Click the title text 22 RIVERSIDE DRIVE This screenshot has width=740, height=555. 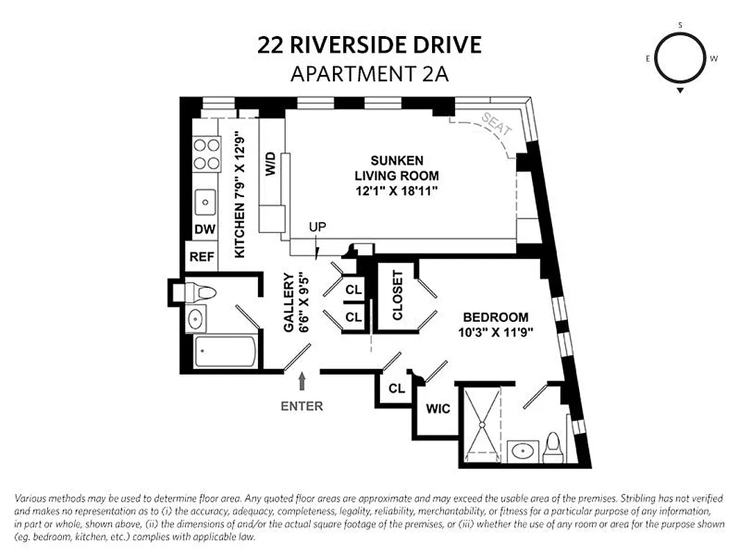coord(369,46)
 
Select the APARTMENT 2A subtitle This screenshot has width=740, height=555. coord(369,74)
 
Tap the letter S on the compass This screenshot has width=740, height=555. coord(680,26)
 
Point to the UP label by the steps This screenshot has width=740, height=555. coord(318,228)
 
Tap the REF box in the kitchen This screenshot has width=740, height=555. coord(202,257)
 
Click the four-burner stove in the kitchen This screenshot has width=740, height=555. coord(205,154)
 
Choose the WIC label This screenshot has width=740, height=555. coord(438,409)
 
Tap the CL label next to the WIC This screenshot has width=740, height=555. coord(396,389)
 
